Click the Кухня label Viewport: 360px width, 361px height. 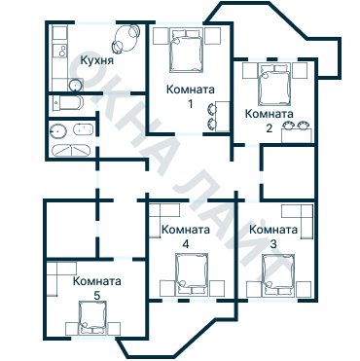coord(98,59)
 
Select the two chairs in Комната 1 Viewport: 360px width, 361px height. coord(211,116)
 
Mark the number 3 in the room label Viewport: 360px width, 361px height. coord(273,242)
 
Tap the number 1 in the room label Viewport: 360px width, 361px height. coord(191,102)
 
